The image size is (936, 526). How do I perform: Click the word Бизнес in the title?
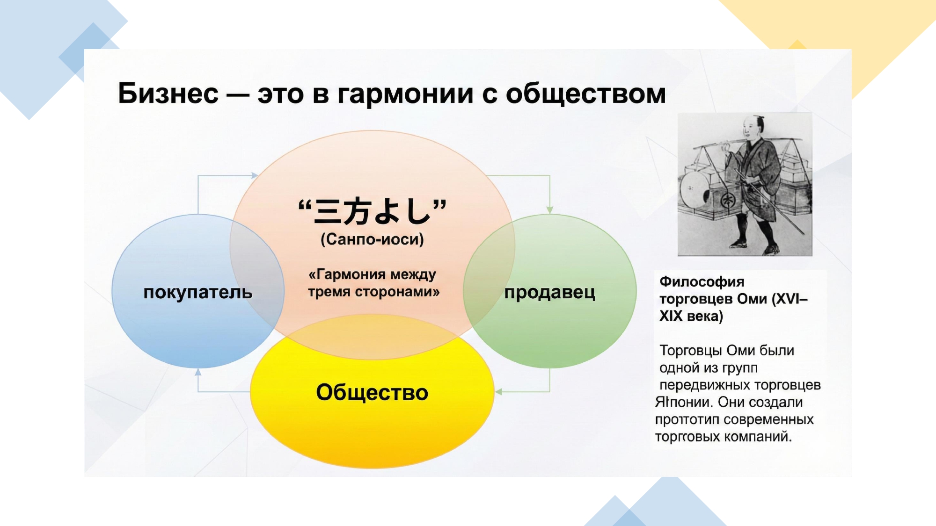tap(168, 93)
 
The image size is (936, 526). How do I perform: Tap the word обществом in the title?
tap(586, 94)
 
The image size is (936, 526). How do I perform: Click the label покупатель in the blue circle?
tap(198, 292)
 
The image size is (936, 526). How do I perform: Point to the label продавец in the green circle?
tap(550, 293)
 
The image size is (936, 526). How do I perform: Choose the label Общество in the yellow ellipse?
tap(372, 392)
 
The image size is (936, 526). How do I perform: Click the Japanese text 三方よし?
tap(373, 211)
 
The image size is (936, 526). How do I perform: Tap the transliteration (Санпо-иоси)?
tap(372, 239)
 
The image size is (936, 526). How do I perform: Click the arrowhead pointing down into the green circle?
tap(550, 210)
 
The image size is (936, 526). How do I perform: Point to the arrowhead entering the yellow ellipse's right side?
tap(499, 392)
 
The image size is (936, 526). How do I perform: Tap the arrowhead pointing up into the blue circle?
tap(198, 372)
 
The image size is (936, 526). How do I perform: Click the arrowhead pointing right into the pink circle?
tap(255, 175)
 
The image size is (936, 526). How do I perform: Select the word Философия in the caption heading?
tap(702, 281)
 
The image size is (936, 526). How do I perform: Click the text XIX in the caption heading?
tap(671, 316)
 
